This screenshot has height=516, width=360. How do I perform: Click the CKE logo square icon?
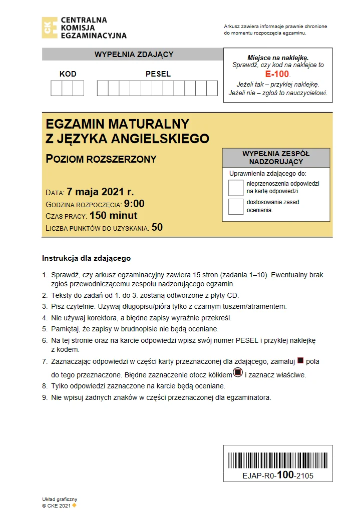(x=50, y=28)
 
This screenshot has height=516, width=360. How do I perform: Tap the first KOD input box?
(x=57, y=88)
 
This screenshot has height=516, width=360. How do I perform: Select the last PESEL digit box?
(x=212, y=88)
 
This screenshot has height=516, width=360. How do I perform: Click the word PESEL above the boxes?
(x=158, y=74)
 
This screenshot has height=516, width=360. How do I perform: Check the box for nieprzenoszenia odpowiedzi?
(x=236, y=188)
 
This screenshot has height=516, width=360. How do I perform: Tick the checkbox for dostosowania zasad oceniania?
(x=236, y=206)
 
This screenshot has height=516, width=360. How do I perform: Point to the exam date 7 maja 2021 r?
(x=100, y=192)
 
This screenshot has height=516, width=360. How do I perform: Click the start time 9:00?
(x=134, y=204)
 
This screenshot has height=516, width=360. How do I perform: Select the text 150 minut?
(x=113, y=216)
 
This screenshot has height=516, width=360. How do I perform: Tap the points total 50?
(x=157, y=227)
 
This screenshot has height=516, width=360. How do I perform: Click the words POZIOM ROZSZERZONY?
(x=101, y=159)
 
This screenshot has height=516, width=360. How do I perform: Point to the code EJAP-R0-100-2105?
(x=278, y=475)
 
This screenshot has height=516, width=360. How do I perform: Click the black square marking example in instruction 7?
(x=300, y=360)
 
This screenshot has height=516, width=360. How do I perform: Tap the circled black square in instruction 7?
(x=238, y=373)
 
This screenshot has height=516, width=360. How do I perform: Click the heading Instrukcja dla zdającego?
(x=86, y=259)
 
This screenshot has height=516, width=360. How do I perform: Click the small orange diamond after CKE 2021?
(x=75, y=505)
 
